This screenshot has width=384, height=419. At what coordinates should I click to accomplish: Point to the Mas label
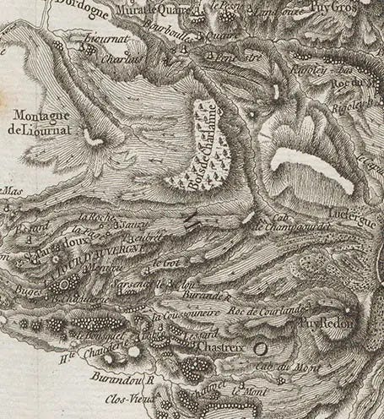point(11,191)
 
